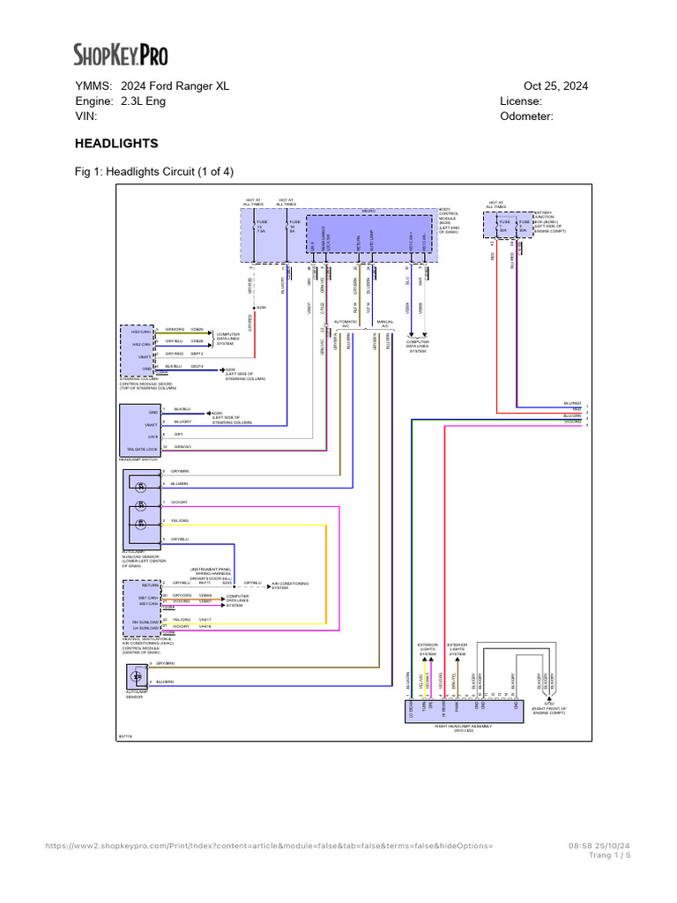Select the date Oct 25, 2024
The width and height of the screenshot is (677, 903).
555,86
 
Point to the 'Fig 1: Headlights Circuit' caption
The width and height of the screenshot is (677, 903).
153,171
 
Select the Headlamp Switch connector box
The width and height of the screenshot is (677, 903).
138,429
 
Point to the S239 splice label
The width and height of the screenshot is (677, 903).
262,308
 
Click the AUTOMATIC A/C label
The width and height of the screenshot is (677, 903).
346,324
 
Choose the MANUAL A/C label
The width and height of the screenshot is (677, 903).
384,324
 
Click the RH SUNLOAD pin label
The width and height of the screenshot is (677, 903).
143,619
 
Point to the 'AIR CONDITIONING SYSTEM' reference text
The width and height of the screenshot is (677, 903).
287,585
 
